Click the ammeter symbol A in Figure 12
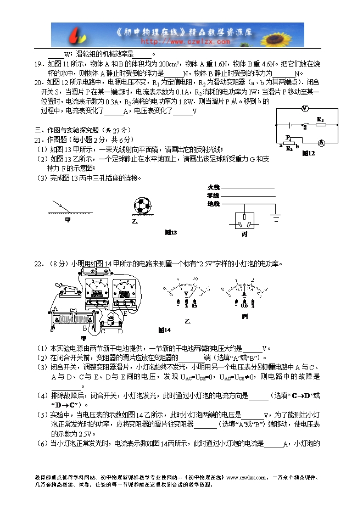322,142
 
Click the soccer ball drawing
142,206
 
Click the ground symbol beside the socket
277,217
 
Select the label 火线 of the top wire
213,188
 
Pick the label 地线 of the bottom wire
213,204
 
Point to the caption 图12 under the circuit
308,153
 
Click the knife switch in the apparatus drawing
65,288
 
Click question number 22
38,264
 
